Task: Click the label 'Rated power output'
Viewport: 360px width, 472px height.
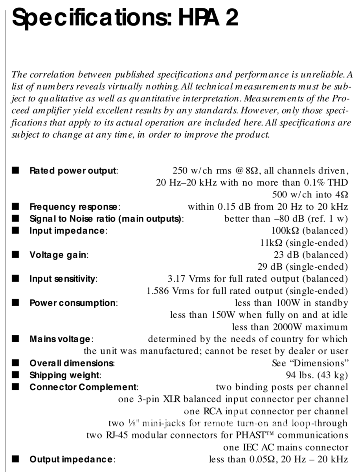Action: pyautogui.click(x=73, y=171)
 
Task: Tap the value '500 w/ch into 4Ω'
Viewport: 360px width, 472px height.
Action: pyautogui.click(x=310, y=195)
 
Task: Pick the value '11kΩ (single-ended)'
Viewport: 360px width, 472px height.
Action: pyautogui.click(x=304, y=243)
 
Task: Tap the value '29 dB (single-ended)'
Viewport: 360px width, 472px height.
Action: pyautogui.click(x=303, y=267)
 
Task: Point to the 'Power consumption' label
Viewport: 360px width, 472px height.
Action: pyautogui.click(x=73, y=303)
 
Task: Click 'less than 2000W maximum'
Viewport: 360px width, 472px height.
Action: pyautogui.click(x=290, y=327)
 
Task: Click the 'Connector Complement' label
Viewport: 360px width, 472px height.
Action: pyautogui.click(x=83, y=387)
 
